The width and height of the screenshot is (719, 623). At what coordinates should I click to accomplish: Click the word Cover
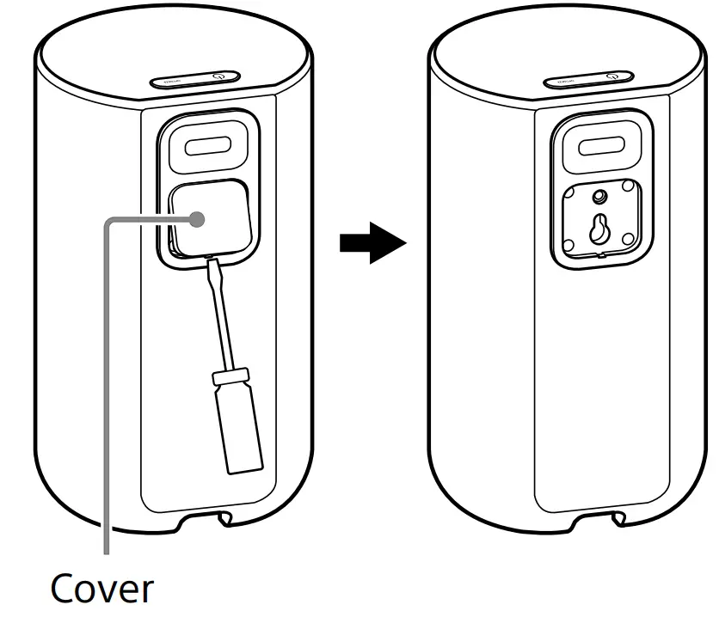(x=101, y=589)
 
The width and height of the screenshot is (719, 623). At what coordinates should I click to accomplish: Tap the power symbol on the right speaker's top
(x=611, y=76)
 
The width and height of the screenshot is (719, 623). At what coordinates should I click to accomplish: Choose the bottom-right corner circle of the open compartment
(x=629, y=237)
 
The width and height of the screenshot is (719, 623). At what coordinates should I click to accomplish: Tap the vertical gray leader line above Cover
(x=106, y=387)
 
